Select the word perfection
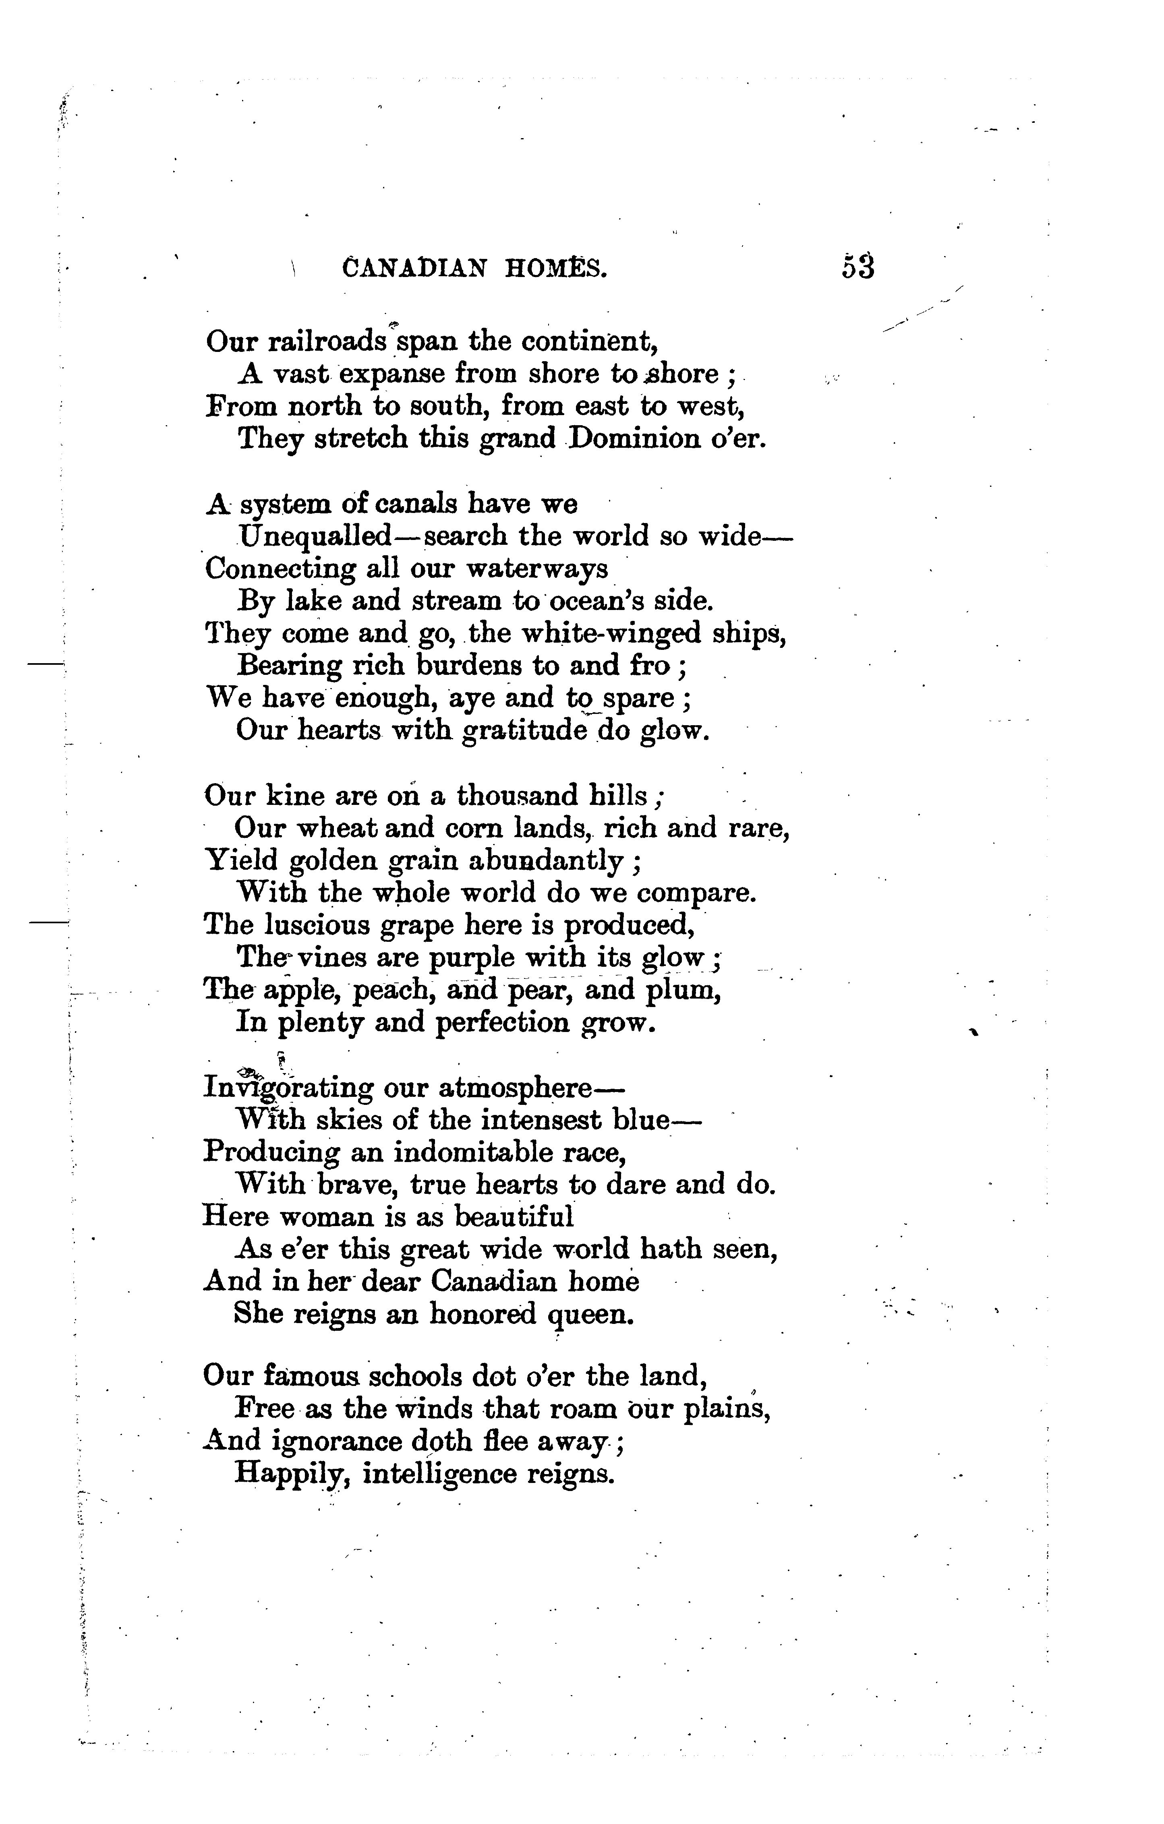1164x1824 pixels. pos(503,1024)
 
